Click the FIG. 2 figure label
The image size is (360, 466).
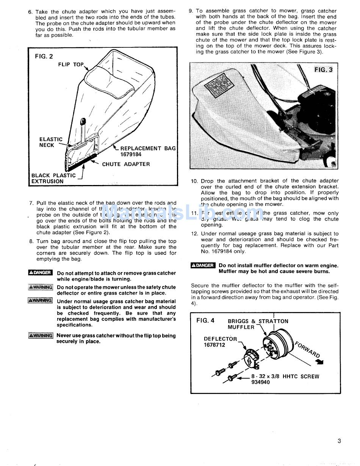click(44, 56)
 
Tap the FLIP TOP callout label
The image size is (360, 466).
click(71, 64)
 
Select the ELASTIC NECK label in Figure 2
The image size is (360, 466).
click(50, 142)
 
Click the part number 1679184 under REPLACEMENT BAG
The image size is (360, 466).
click(131, 154)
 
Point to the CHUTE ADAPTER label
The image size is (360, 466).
click(126, 164)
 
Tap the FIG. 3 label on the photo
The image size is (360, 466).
click(324, 70)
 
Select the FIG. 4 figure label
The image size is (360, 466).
click(205, 321)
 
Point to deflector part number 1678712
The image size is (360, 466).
click(214, 345)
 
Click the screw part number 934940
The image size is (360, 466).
click(261, 382)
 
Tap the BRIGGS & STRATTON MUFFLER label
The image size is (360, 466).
click(258, 324)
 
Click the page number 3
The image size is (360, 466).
click(339, 441)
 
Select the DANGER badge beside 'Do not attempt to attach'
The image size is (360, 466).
click(40, 273)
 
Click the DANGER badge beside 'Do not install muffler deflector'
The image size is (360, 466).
click(203, 266)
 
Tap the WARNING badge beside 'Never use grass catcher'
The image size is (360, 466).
click(41, 336)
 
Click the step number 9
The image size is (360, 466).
click(191, 11)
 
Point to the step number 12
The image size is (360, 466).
click(194, 234)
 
